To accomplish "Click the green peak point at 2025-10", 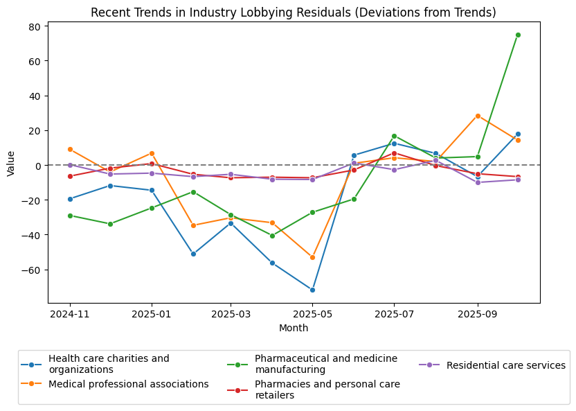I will [x=518, y=35].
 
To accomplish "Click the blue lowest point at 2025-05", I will [x=312, y=290].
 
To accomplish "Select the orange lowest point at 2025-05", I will [x=312, y=257].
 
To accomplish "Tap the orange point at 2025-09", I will [x=477, y=116].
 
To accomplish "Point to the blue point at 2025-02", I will [x=193, y=254].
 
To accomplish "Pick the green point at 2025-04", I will [x=272, y=236].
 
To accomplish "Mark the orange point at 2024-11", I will [x=70, y=149].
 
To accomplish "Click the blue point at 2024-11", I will [x=70, y=199].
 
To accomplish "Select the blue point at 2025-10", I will [x=518, y=134].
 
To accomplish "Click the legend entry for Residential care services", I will [x=505, y=365].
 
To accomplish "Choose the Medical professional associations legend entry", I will [x=128, y=384].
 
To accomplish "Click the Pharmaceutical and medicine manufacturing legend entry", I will [x=325, y=364].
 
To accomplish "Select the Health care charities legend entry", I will [x=108, y=364].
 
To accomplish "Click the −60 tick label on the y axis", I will [x=35, y=270].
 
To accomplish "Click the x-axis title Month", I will [x=294, y=328].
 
